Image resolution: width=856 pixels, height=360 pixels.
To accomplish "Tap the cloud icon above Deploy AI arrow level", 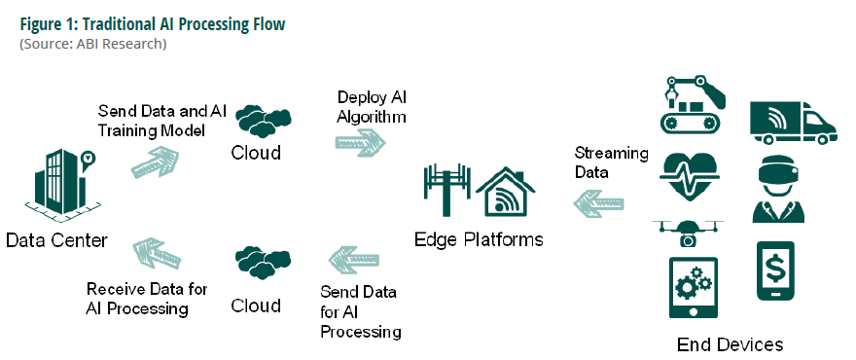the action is click(264, 121).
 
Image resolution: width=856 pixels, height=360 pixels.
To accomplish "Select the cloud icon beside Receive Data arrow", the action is click(264, 263).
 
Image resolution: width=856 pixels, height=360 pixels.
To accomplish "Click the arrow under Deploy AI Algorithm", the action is click(360, 143).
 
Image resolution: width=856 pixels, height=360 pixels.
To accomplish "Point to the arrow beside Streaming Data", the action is click(598, 203).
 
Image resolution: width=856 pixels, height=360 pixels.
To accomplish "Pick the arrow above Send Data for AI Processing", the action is click(354, 260).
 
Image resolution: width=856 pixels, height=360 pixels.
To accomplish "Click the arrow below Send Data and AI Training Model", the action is click(155, 162).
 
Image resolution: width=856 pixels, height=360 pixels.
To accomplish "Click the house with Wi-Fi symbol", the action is click(505, 190).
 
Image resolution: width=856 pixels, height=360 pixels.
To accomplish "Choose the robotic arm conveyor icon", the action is click(693, 105).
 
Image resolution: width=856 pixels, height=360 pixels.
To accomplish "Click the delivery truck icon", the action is click(793, 123).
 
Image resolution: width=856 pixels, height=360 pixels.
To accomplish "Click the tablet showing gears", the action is click(694, 287).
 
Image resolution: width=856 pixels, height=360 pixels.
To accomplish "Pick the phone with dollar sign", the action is click(775, 270).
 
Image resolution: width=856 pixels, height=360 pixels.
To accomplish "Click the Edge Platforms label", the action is click(479, 239).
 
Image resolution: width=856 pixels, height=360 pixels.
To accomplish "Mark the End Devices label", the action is click(730, 344).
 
